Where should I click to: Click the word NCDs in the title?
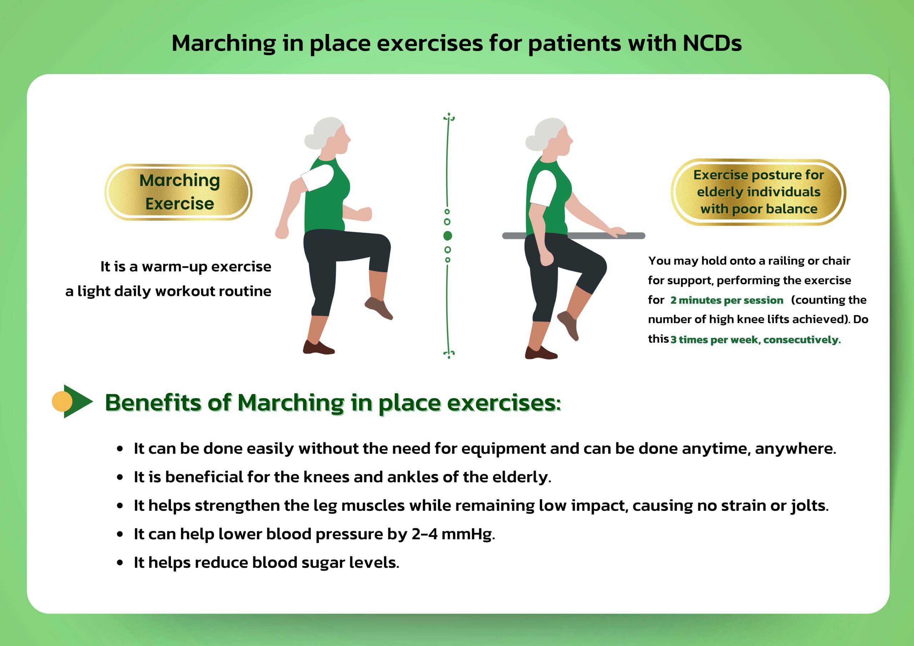712,43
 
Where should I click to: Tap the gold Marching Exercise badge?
179,192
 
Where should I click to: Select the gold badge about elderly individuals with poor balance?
758,192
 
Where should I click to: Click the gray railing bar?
573,236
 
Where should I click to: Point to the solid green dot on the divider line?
447,236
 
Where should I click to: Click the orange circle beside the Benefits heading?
62,401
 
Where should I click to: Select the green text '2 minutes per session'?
727,300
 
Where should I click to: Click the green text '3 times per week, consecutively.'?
755,339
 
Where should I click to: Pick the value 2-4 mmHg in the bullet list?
453,534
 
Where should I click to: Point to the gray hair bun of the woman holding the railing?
533,142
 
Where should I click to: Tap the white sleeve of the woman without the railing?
317,177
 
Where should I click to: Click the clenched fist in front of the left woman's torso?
365,214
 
